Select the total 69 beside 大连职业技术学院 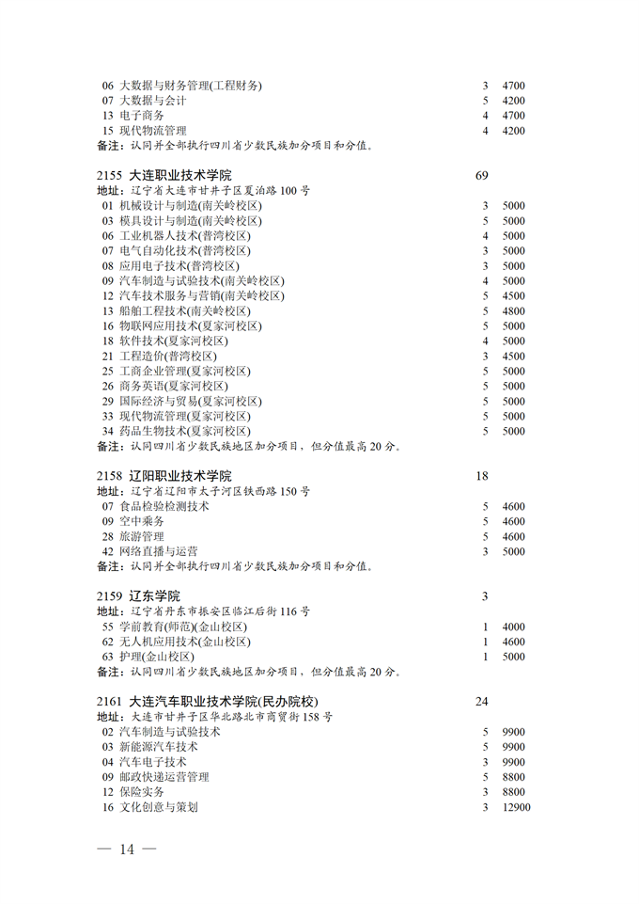(x=483, y=175)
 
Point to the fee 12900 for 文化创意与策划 (x=516, y=807)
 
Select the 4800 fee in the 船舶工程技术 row (x=513, y=310)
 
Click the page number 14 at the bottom (x=127, y=849)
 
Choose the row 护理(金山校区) (x=157, y=657)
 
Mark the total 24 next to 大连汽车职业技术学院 (x=483, y=702)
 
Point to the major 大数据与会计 (x=153, y=100)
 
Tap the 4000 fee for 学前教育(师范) (x=513, y=626)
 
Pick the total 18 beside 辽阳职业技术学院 (x=482, y=476)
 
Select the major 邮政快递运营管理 (x=164, y=777)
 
